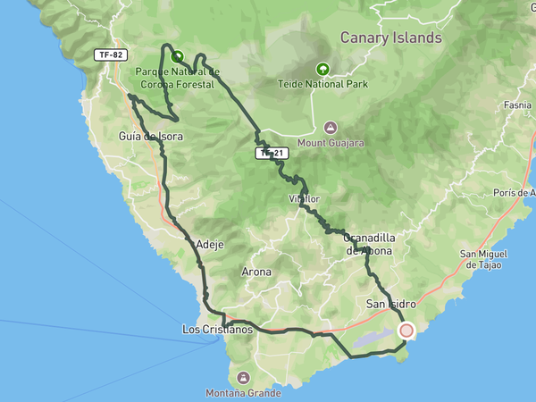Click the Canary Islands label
pyautogui.click(x=391, y=38)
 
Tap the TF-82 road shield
pyautogui.click(x=111, y=54)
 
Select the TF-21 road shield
pyautogui.click(x=272, y=154)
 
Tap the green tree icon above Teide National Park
pyautogui.click(x=321, y=69)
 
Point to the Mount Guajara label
pyautogui.click(x=331, y=143)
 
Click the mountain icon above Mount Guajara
pyautogui.click(x=331, y=127)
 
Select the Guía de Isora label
pyautogui.click(x=151, y=137)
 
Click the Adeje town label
pyautogui.click(x=209, y=243)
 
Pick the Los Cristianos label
pyautogui.click(x=217, y=330)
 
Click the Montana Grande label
pyautogui.click(x=244, y=392)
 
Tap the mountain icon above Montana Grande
pyautogui.click(x=244, y=376)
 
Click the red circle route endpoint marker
pyautogui.click(x=406, y=331)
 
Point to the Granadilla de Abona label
pyautogui.click(x=368, y=245)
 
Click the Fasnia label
pyautogui.click(x=517, y=105)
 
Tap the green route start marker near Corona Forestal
pyautogui.click(x=177, y=54)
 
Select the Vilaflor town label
pyautogui.click(x=304, y=198)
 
